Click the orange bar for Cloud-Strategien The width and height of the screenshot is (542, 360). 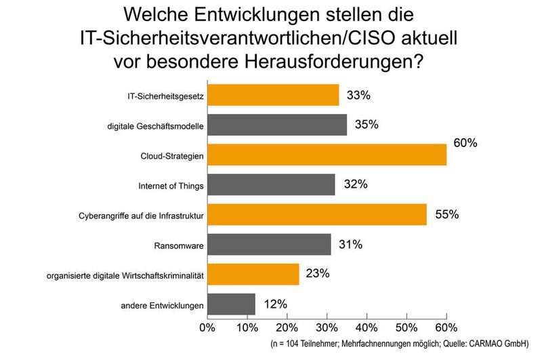[327, 155]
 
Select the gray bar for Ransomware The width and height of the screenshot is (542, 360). [269, 245]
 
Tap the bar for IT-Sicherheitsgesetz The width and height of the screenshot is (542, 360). [273, 96]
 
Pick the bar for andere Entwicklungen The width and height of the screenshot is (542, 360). [231, 304]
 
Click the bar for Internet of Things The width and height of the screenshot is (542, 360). [270, 185]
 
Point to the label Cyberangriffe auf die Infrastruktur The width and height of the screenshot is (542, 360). [142, 216]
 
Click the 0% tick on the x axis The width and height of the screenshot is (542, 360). [207, 327]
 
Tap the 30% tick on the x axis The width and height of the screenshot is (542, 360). [327, 327]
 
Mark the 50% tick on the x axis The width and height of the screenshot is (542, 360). [406, 327]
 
